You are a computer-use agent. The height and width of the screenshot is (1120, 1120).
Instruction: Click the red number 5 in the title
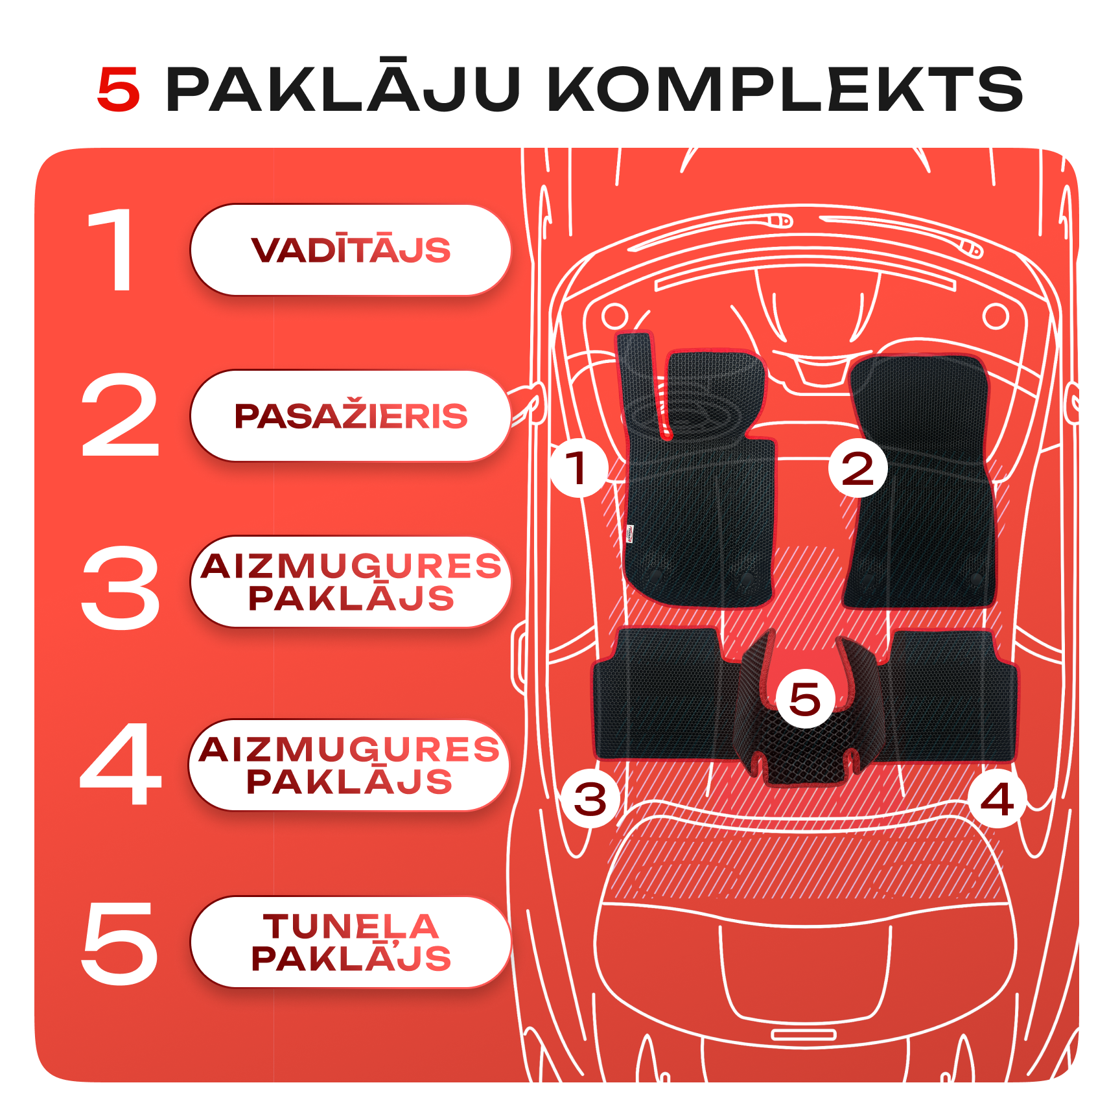119,89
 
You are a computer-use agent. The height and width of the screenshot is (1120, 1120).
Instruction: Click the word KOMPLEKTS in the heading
786,89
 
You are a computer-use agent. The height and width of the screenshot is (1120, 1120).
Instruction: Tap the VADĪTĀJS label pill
351,250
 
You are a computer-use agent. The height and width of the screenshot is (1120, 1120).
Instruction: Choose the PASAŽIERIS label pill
351,416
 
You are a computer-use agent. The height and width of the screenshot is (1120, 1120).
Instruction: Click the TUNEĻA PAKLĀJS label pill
351,942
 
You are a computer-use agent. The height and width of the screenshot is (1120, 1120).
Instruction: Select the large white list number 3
121,587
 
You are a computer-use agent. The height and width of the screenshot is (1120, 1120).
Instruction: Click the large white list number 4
121,764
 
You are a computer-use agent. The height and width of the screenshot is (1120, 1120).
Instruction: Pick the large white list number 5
121,943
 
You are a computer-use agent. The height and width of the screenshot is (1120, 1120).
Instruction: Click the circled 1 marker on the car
579,468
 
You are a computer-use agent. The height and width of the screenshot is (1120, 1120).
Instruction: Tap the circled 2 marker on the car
858,468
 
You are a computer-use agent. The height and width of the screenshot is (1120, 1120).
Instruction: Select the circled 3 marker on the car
590,799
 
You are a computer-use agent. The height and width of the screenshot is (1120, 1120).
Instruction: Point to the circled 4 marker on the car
997,799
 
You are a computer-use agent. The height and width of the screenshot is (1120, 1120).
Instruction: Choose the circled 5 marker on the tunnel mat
806,698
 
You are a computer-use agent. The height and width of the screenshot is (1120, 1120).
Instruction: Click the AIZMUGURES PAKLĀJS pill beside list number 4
349,765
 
